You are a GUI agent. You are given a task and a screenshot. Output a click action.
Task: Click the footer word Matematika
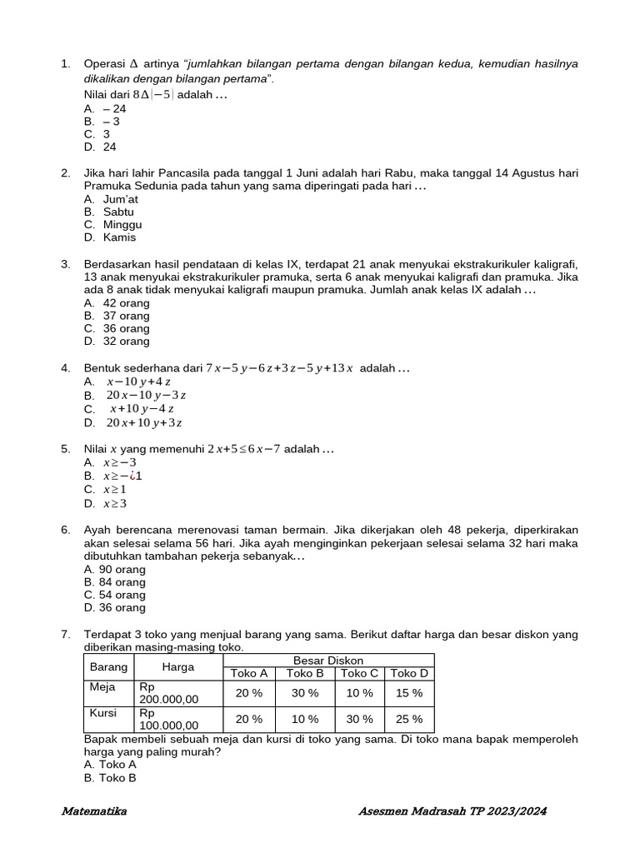pos(94,811)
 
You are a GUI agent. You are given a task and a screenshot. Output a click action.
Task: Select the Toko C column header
pos(359,673)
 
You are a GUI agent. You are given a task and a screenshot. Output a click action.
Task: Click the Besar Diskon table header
pos(327,660)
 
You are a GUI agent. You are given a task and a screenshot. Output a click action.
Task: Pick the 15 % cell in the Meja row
pos(409,693)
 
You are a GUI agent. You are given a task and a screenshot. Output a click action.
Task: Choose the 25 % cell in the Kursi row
pos(409,719)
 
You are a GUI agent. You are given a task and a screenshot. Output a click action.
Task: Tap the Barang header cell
pos(108,666)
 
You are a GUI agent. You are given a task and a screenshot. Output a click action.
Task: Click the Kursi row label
pos(103,713)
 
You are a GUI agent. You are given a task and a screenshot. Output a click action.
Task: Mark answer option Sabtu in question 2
pos(118,212)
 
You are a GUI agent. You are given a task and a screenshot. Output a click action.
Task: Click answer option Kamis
pos(119,237)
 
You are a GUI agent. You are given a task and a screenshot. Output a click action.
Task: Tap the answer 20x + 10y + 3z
pos(144,422)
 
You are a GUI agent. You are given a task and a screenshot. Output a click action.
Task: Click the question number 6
pos(65,530)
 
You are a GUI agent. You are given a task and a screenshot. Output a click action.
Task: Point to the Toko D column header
pos(409,673)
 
